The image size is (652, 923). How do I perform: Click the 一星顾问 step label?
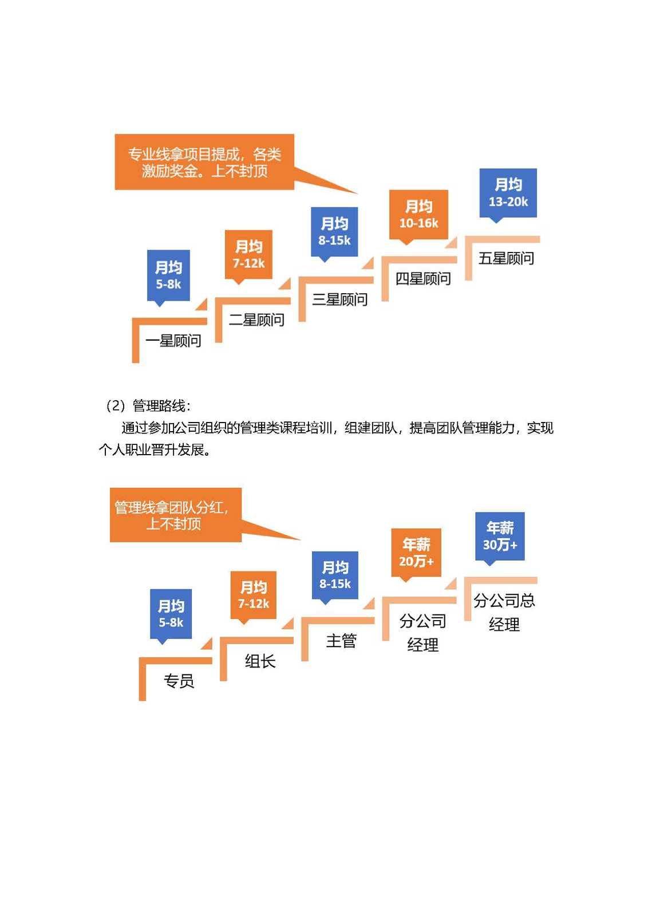(x=173, y=341)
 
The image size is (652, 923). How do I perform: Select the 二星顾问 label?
(x=256, y=319)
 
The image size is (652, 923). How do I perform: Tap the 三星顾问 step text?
(x=339, y=299)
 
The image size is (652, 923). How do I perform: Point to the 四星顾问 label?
(x=422, y=278)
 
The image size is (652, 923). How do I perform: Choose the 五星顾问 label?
(x=506, y=258)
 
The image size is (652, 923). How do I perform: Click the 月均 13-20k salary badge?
(x=508, y=194)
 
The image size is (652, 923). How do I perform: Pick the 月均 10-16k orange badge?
(x=418, y=215)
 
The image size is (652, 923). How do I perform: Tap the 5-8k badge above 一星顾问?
(x=168, y=276)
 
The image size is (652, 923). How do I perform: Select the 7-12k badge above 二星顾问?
(x=248, y=255)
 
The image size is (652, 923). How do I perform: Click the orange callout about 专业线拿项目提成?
(x=204, y=162)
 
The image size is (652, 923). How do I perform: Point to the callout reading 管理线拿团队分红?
(x=176, y=515)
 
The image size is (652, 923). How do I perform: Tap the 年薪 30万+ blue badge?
(x=500, y=537)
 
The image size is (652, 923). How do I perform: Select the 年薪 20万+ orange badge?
(x=416, y=553)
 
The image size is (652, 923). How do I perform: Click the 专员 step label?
(x=179, y=681)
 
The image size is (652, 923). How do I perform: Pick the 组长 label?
(x=260, y=661)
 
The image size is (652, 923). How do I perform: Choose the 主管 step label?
(x=341, y=641)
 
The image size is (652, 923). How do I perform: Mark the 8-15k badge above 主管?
(x=335, y=575)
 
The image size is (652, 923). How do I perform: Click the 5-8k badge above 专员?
(x=171, y=614)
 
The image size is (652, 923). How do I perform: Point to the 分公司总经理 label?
(x=504, y=612)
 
